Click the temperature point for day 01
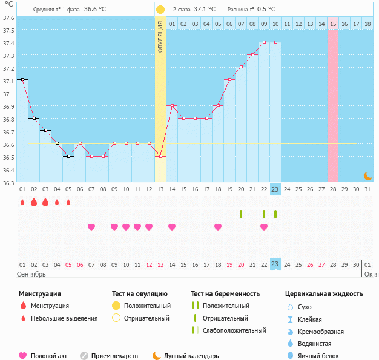pos(22,79)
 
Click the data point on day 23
pos(275,42)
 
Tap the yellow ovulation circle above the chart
pos(160,10)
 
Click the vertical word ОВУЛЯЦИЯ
pos(160,36)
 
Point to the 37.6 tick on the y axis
pos(9,18)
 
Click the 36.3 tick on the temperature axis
pos(9,183)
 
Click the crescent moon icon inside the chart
pos(367,175)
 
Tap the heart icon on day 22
pos(264,227)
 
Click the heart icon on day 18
pos(218,227)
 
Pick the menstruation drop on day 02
pos(34,202)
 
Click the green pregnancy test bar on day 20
pos(241,214)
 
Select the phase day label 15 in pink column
pos(333,24)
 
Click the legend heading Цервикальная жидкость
pos(324,294)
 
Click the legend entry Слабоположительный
pos(233,330)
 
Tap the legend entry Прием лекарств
pos(114,356)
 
